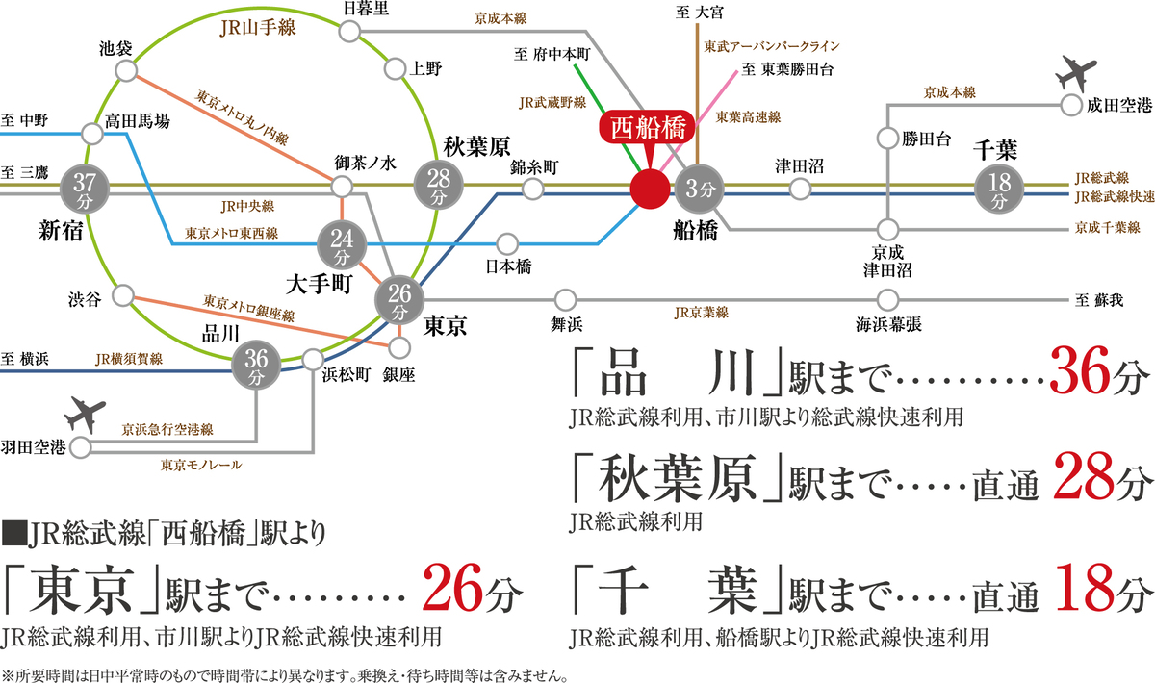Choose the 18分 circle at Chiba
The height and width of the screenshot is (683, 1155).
(1000, 188)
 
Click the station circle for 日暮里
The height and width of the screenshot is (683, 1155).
(348, 32)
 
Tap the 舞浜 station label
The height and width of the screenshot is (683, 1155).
(566, 323)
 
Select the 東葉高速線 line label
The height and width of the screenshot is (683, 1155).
(748, 115)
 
